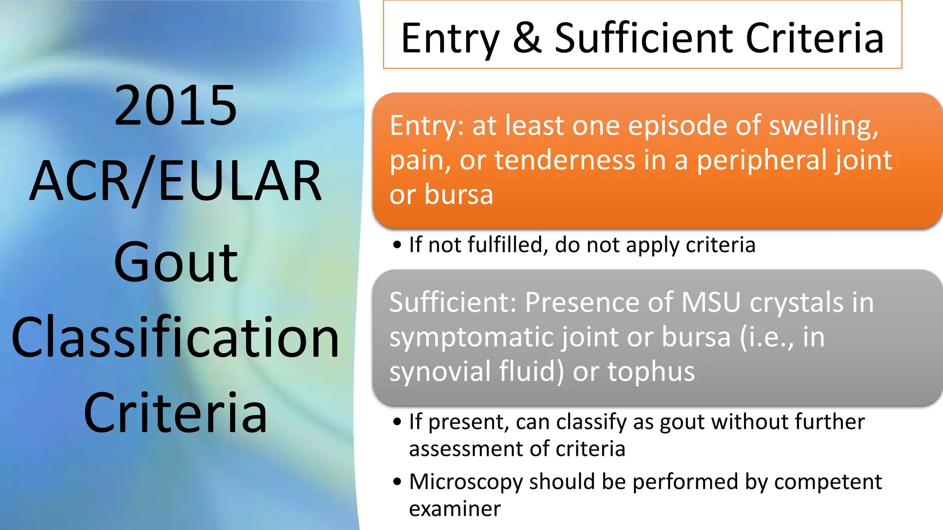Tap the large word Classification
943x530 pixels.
[x=175, y=338]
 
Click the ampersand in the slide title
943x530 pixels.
[x=527, y=38]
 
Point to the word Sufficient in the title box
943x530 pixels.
[x=644, y=38]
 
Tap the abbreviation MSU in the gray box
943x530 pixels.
[x=711, y=303]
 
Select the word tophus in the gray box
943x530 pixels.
[x=651, y=372]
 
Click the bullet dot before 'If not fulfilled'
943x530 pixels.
[x=397, y=245]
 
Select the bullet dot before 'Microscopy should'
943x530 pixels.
[x=397, y=482]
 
